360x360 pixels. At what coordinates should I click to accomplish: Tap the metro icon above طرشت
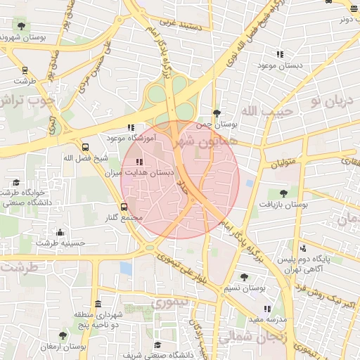pyautogui.click(x=25, y=70)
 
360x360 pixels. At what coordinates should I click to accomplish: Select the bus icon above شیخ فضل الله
pyautogui.click(x=86, y=148)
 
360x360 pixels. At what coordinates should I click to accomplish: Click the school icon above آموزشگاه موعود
pyautogui.click(x=130, y=128)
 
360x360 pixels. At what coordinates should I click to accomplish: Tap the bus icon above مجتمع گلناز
pyautogui.click(x=124, y=207)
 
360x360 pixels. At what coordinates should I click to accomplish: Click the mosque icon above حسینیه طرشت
pyautogui.click(x=60, y=233)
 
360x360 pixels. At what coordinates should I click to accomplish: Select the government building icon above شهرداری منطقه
pyautogui.click(x=97, y=304)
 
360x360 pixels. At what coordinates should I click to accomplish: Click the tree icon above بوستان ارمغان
pyautogui.click(x=63, y=336)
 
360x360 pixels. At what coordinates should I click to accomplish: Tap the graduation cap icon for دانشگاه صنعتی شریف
pyautogui.click(x=157, y=345)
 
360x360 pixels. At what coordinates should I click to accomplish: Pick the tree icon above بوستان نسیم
pyautogui.click(x=244, y=277)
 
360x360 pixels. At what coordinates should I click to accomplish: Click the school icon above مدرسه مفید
pyautogui.click(x=266, y=308)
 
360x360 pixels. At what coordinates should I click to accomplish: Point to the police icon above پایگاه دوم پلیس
pyautogui.click(x=303, y=247)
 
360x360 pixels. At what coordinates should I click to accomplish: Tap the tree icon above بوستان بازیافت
pyautogui.click(x=283, y=193)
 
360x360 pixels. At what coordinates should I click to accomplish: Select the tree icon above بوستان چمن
pyautogui.click(x=217, y=112)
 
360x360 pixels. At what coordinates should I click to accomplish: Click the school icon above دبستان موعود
pyautogui.click(x=280, y=54)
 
